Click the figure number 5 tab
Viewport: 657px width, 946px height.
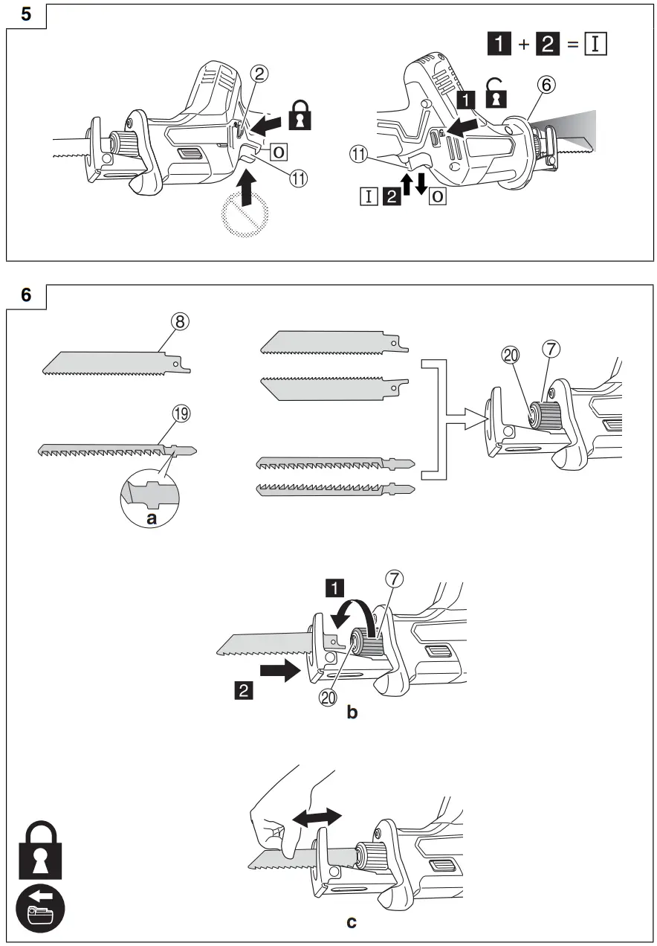[25, 14]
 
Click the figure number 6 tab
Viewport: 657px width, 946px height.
[25, 295]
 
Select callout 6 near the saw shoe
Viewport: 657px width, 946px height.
[546, 84]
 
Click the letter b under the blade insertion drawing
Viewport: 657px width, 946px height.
[352, 712]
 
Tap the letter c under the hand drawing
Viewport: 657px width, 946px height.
[352, 922]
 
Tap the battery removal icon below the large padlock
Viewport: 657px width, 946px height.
[41, 909]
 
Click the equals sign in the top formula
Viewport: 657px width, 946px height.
[572, 44]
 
